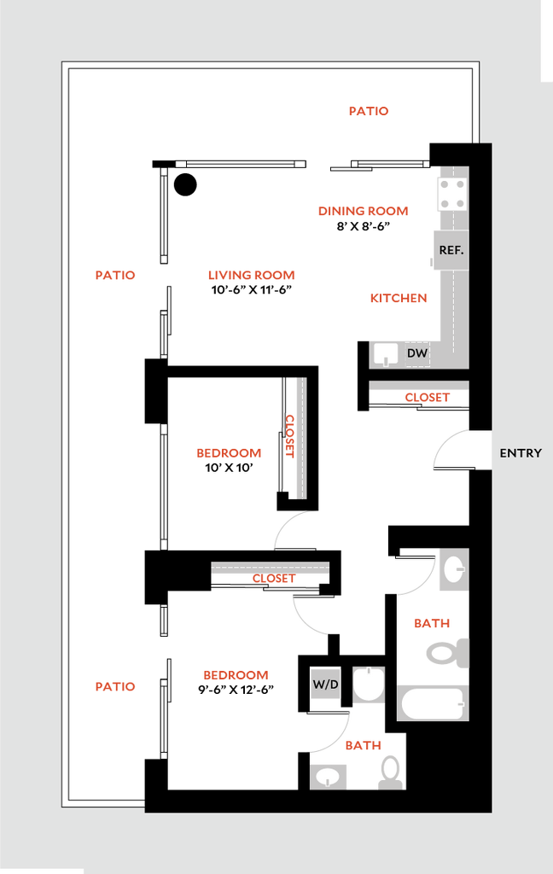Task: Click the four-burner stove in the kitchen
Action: pos(452,194)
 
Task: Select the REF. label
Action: pos(451,250)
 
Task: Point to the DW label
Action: pos(416,353)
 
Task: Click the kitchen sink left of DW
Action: pos(387,353)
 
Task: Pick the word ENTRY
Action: pos(520,453)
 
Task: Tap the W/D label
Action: pos(325,685)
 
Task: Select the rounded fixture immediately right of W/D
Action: pos(369,685)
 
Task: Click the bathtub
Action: pos(433,704)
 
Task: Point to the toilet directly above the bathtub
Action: pos(446,654)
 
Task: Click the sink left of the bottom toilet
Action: pos(329,777)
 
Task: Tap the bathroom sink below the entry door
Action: pos(453,569)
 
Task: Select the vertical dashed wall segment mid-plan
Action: pos(300,438)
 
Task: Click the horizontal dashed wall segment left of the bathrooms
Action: pos(270,567)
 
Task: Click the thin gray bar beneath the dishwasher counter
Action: pos(418,386)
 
